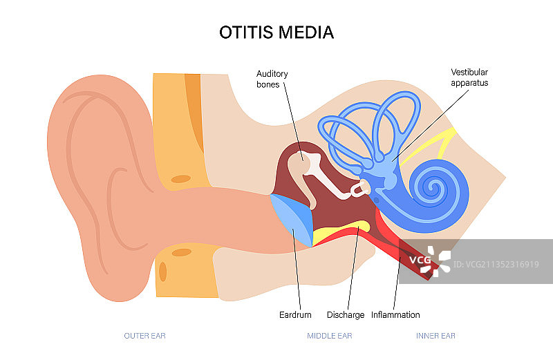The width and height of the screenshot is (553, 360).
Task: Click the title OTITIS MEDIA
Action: (276, 32)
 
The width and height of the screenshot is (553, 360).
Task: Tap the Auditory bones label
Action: (272, 79)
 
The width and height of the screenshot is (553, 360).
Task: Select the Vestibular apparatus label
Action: (469, 77)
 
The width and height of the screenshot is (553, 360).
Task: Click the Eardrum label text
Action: (295, 315)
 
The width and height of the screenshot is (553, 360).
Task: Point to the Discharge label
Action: (345, 315)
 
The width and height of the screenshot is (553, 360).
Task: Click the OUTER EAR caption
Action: (144, 337)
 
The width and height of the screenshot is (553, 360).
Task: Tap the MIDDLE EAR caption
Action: (330, 337)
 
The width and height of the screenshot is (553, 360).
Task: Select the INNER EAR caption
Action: (435, 337)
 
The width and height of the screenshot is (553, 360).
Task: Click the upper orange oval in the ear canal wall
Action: (181, 179)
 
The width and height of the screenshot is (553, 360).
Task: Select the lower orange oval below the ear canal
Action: (181, 252)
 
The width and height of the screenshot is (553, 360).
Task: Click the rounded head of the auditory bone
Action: (299, 167)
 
